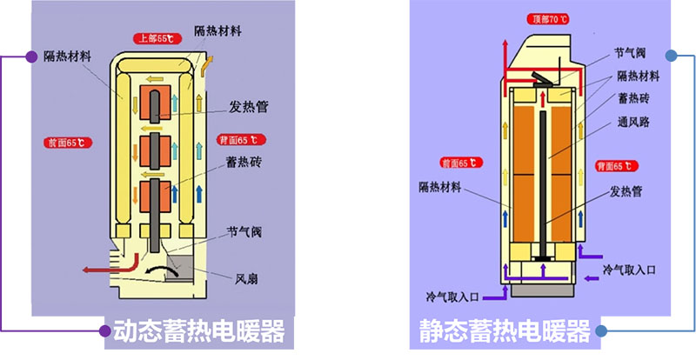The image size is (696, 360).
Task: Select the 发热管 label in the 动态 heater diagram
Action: [247, 108]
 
